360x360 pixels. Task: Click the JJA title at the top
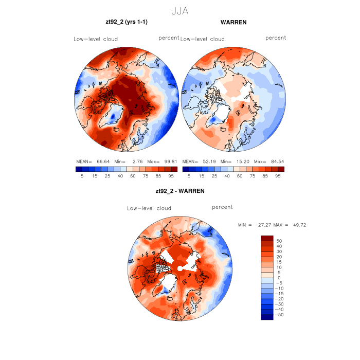point(180,11)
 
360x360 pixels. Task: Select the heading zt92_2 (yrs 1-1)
point(127,23)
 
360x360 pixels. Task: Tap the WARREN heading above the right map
point(233,23)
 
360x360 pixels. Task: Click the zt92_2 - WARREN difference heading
point(180,191)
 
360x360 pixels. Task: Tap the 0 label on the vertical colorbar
point(279,278)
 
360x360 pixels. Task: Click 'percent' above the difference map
point(222,207)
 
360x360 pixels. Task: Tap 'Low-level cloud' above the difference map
point(149,208)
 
